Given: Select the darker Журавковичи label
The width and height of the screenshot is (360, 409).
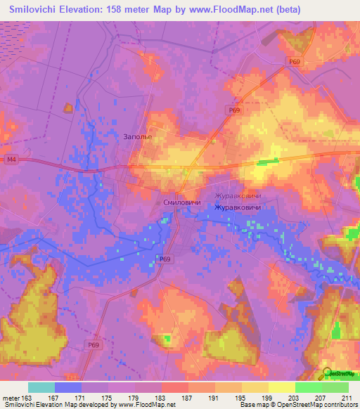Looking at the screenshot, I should point(238,209).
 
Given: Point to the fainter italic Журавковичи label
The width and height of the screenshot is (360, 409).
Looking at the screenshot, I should point(236,197).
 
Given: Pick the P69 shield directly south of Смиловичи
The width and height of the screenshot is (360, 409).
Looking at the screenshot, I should point(165,259).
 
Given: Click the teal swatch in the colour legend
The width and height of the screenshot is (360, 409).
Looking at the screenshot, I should point(41,387).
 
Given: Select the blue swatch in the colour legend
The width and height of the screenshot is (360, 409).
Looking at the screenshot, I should point(68,387).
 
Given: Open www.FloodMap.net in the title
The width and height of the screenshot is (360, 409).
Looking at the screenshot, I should point(224,10).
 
